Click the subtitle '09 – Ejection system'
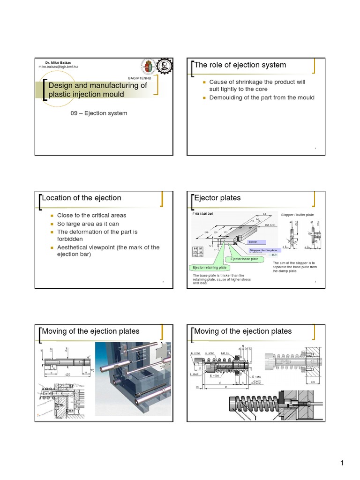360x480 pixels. coord(98,113)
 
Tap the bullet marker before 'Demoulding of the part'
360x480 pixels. coord(204,97)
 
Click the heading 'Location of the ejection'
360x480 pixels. coord(82,198)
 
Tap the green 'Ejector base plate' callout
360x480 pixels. coord(244,259)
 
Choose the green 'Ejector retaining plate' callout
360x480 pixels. coord(209,267)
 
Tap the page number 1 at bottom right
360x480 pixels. coord(342,464)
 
